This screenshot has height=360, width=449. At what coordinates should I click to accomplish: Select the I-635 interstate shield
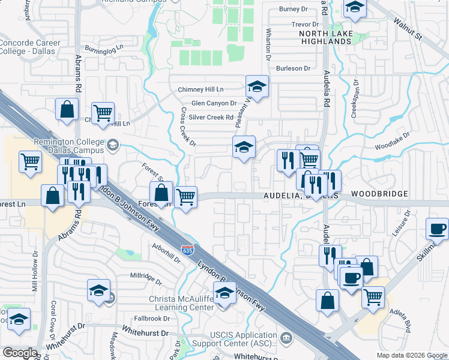coord(187,250)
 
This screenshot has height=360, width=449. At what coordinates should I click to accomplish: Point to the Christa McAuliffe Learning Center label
coord(181,304)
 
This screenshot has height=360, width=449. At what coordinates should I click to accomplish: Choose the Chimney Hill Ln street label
coord(200,89)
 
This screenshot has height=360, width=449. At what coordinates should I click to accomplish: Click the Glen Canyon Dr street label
coord(214,103)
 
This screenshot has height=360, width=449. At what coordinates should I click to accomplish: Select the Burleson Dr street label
coord(293,68)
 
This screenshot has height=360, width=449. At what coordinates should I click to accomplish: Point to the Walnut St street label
coord(407,29)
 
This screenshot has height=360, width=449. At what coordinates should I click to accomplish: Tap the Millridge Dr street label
coord(146,278)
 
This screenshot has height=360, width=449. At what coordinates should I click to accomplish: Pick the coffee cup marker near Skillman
coord(436,229)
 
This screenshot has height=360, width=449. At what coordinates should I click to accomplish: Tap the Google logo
coord(20,353)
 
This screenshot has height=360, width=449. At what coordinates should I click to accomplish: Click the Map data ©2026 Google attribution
coord(412,355)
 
